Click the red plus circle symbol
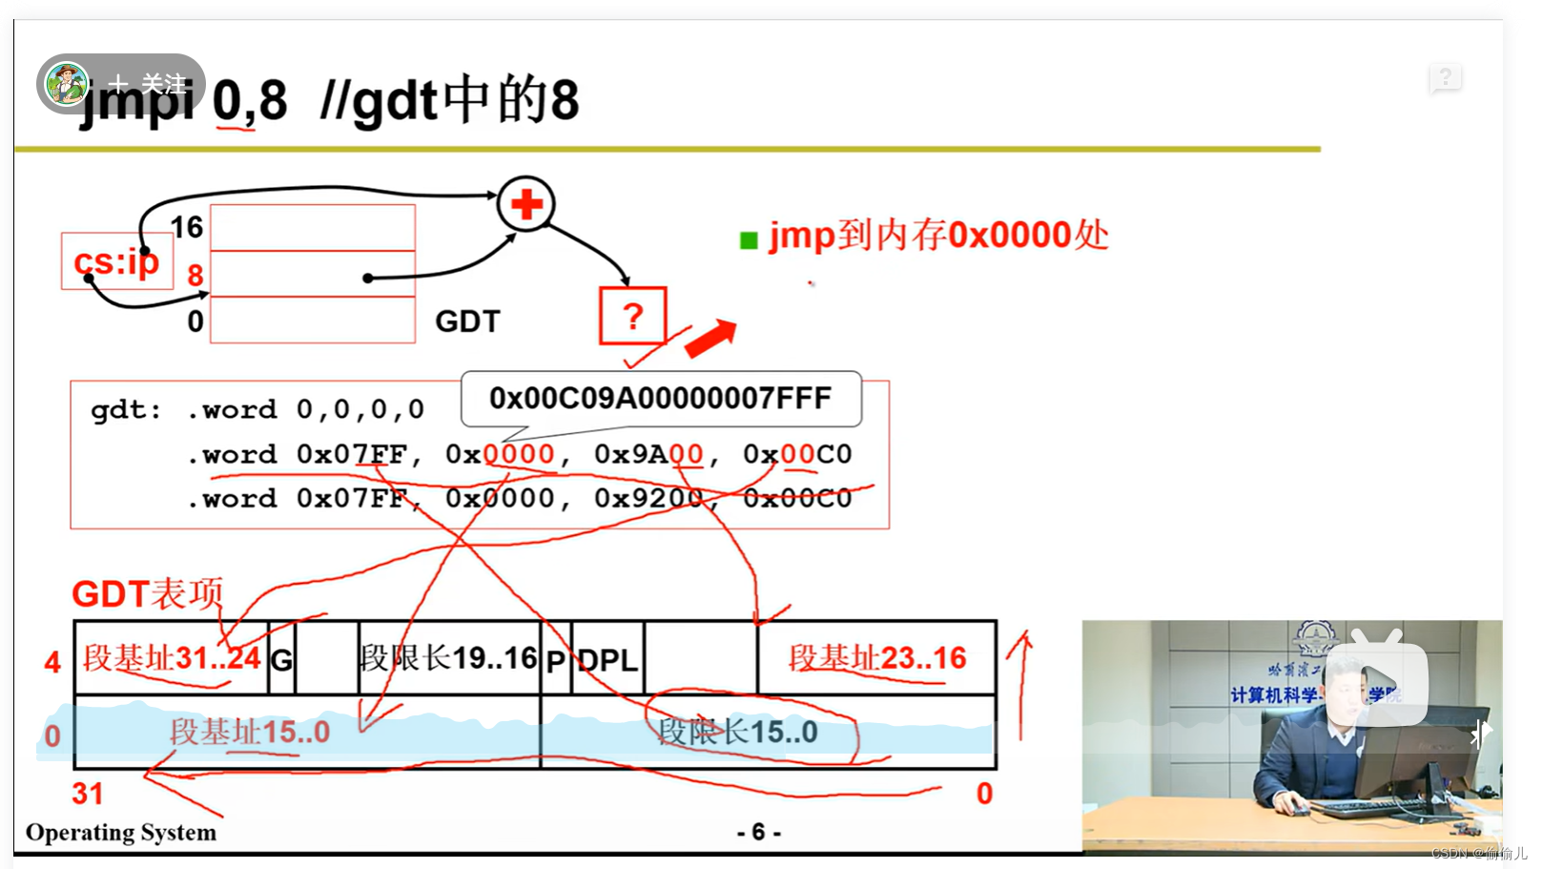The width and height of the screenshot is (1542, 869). tap(525, 204)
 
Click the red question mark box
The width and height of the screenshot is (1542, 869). tap(632, 316)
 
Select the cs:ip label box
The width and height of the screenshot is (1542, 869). tap(116, 260)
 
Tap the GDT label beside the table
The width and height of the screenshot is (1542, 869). tap(467, 321)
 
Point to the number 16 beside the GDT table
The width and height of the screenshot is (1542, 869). tap(187, 227)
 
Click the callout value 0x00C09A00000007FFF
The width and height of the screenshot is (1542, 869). tap(660, 398)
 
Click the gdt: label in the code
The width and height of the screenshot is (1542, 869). tap(126, 410)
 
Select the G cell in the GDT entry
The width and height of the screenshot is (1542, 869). tap(282, 659)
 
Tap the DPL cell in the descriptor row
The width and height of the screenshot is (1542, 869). tap(607, 659)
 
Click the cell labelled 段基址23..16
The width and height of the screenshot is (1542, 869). tap(876, 658)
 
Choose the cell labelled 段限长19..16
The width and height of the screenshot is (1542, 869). tap(448, 658)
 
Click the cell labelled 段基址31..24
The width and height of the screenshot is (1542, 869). tap(172, 658)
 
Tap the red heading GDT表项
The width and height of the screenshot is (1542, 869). tap(147, 594)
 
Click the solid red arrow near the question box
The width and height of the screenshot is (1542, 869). tap(710, 338)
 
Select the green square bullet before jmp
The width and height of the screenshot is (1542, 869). tap(749, 240)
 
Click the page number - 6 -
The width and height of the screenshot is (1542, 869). tap(758, 833)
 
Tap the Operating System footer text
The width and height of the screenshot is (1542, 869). tap(121, 833)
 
